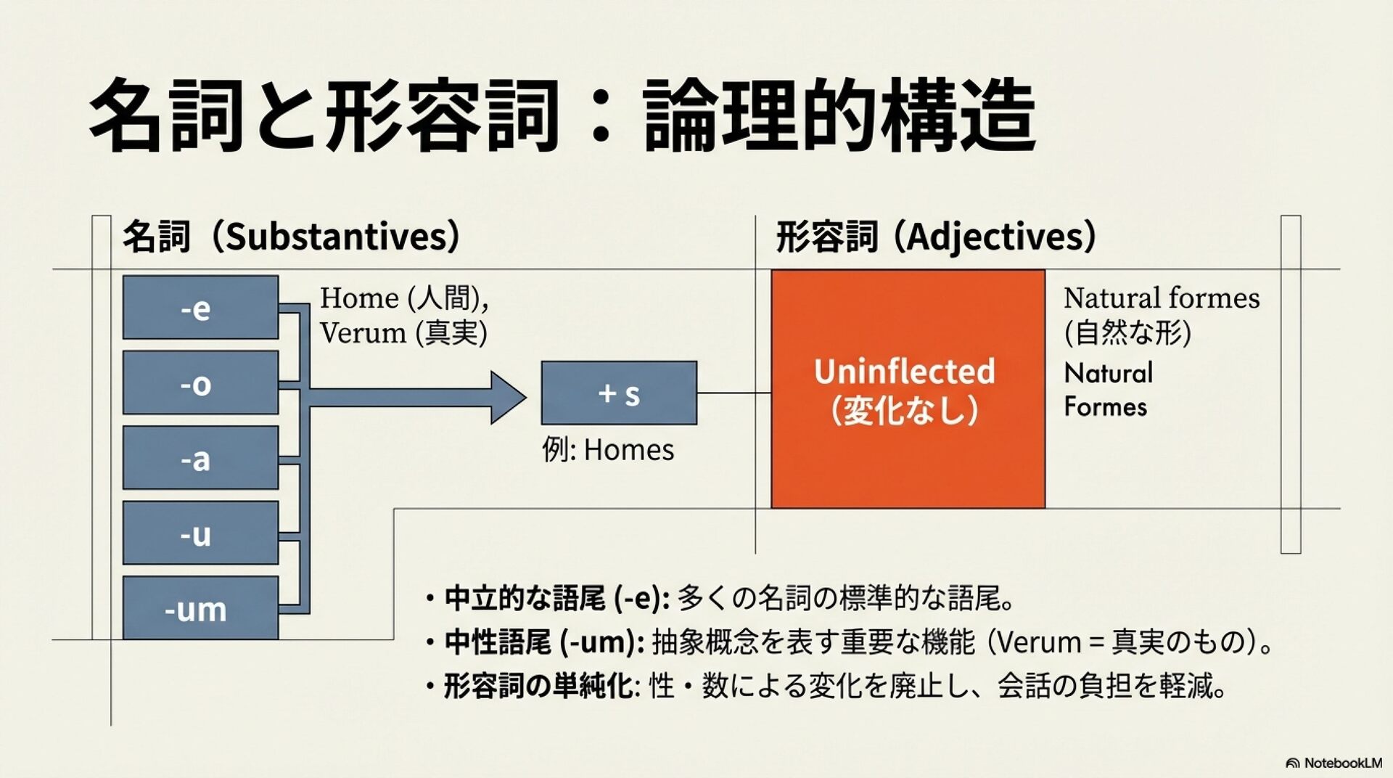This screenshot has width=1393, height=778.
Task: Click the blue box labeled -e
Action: pyautogui.click(x=200, y=307)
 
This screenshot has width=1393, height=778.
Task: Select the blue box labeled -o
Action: pyautogui.click(x=200, y=382)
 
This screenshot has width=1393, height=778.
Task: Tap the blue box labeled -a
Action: pyautogui.click(x=200, y=458)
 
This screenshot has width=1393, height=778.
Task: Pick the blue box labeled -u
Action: pyautogui.click(x=200, y=533)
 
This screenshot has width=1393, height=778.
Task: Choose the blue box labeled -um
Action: pyautogui.click(x=200, y=608)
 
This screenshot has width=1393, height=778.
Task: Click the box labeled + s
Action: pyautogui.click(x=619, y=393)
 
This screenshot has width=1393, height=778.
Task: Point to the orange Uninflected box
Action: pyautogui.click(x=908, y=389)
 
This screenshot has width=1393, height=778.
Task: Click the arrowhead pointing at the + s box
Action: pyautogui.click(x=508, y=397)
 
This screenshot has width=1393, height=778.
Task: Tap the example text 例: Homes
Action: pyautogui.click(x=608, y=450)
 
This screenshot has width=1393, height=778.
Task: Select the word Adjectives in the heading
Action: pyautogui.click(x=994, y=237)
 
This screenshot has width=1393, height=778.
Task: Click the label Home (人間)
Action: pyautogui.click(x=403, y=298)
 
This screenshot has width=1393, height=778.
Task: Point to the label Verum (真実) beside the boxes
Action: pyautogui.click(x=403, y=333)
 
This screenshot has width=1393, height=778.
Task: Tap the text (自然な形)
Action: pyautogui.click(x=1127, y=333)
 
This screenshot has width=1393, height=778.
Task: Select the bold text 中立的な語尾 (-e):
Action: pyautogui.click(x=556, y=599)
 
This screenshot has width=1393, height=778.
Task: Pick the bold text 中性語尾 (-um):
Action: pyautogui.click(x=544, y=642)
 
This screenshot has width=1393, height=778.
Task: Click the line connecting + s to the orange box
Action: pyautogui.click(x=734, y=393)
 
